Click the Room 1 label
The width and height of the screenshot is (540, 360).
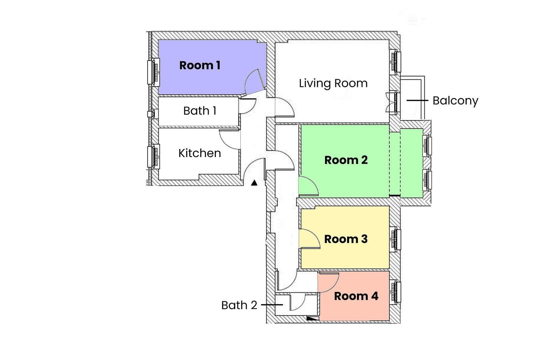point(200,65)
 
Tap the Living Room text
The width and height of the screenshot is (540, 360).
point(333,83)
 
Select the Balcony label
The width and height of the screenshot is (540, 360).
point(455,101)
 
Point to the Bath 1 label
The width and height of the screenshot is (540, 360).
point(200,111)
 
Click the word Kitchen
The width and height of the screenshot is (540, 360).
point(199,153)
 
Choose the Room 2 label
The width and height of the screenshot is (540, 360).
point(346,160)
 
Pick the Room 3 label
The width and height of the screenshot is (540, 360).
point(346,239)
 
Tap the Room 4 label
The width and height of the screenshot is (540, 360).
point(356,296)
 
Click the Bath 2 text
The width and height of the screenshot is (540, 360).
point(239,305)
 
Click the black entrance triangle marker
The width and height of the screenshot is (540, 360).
point(254,183)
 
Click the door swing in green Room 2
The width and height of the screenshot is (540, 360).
point(307,187)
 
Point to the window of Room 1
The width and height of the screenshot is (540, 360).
point(154,72)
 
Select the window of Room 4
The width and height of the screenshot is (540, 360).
point(395,292)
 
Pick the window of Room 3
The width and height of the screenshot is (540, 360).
point(395,239)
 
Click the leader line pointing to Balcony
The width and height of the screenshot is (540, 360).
point(417,100)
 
